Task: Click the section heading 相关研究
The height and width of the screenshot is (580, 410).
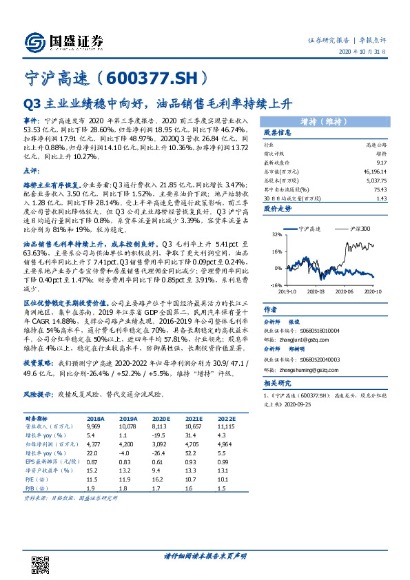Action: (278, 383)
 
